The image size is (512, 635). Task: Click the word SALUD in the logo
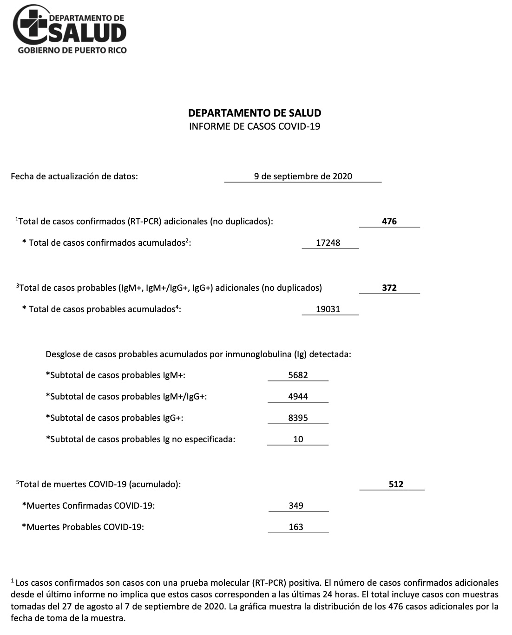[88, 33]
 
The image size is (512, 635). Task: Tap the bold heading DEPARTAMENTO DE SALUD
[255, 113]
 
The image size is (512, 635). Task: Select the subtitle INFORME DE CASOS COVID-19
[255, 126]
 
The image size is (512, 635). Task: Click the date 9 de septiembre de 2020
[303, 176]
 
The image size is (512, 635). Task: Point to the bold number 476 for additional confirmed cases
[389, 222]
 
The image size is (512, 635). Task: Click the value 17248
[328, 242]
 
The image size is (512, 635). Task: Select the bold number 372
[389, 288]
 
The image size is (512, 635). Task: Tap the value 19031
[328, 309]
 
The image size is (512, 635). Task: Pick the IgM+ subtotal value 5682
[298, 375]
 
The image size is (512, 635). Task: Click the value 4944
[298, 396]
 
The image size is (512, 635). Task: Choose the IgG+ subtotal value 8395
[298, 418]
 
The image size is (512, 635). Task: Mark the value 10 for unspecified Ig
[298, 439]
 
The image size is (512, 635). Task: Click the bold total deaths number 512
[396, 484]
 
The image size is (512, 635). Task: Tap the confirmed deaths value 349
[296, 505]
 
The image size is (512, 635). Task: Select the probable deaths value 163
[296, 527]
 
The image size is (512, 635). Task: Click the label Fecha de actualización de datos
[74, 176]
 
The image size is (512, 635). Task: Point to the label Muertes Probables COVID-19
[83, 527]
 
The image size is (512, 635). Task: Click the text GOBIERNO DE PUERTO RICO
[72, 50]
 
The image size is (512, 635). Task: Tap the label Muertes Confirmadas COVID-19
[89, 505]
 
